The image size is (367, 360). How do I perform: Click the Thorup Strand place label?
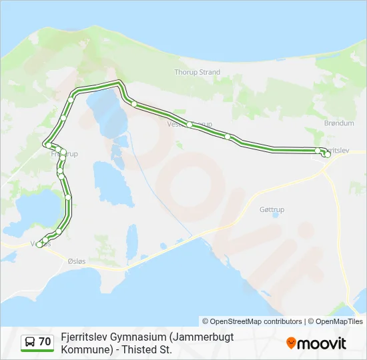point(197,72)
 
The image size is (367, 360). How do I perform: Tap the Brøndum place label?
point(339,123)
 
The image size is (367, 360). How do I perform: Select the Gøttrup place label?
point(272,209)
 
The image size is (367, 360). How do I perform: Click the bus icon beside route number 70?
point(30,342)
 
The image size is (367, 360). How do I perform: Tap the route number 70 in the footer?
point(45,342)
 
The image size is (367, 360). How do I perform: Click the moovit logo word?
point(322,343)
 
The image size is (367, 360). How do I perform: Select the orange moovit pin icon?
point(291,343)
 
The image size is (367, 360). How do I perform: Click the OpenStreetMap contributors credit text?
point(252,321)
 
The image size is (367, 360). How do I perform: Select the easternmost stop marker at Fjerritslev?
point(328,155)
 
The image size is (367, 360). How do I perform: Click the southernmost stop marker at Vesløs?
point(39,245)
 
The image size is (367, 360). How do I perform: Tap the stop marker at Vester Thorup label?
point(190,125)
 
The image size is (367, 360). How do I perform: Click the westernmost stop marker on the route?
point(48,145)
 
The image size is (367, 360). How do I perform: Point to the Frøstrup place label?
point(65,154)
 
